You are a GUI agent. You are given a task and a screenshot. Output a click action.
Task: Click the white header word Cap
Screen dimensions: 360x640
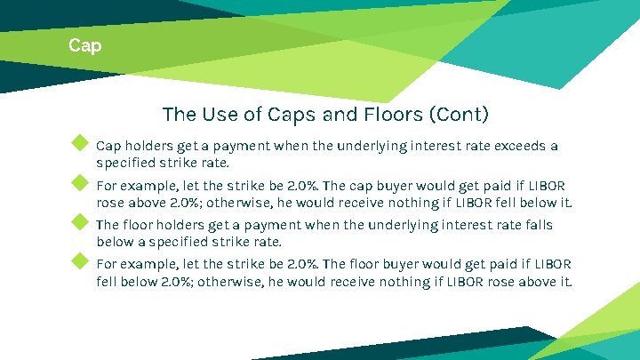pyautogui.click(x=85, y=45)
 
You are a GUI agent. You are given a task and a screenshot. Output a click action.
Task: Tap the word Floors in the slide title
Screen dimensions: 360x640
pyautogui.click(x=392, y=115)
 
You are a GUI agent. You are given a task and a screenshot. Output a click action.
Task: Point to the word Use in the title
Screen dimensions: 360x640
pyautogui.click(x=229, y=115)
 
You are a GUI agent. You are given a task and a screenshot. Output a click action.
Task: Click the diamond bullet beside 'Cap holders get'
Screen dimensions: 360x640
pyautogui.click(x=80, y=143)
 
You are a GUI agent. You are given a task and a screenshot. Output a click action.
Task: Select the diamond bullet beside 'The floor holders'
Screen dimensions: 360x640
pyautogui.click(x=80, y=223)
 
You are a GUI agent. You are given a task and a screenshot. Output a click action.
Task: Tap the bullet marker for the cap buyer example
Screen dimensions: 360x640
pyautogui.click(x=80, y=184)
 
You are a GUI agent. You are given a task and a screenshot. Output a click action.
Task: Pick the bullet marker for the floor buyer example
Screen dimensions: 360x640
pyautogui.click(x=80, y=261)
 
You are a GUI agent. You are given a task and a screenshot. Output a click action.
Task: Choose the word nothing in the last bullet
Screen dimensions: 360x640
pyautogui.click(x=400, y=283)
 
